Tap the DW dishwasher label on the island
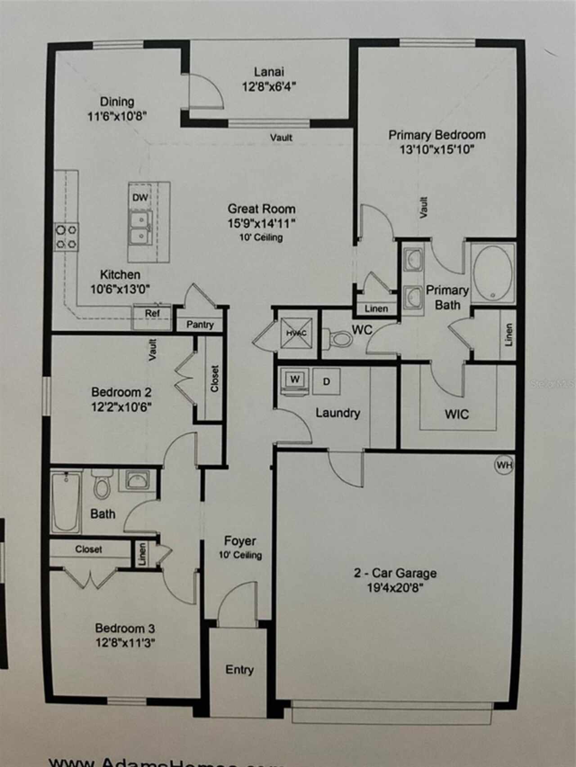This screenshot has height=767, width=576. (140, 198)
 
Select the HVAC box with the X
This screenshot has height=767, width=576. (296, 333)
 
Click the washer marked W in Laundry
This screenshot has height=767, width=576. (294, 380)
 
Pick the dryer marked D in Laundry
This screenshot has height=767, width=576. (327, 382)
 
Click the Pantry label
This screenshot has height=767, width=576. (200, 325)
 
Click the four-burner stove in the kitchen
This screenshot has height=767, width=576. (66, 237)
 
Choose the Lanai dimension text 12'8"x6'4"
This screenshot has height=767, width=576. (269, 87)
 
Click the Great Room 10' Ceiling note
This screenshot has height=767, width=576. (261, 237)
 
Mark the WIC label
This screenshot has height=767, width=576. (457, 414)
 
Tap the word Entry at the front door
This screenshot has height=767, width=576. (239, 669)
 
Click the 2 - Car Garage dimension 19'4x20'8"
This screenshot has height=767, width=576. (395, 588)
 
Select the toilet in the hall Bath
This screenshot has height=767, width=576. (102, 486)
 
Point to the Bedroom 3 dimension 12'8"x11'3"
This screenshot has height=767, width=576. (125, 643)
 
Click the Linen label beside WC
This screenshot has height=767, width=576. (376, 309)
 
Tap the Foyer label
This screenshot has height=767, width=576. (240, 541)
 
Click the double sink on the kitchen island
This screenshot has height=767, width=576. (140, 228)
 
